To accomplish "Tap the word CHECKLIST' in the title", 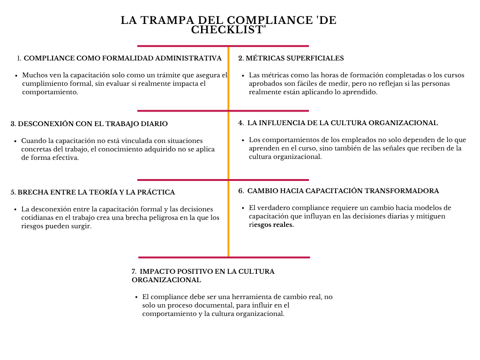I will point(229,30).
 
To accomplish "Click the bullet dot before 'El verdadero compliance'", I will point(243,208).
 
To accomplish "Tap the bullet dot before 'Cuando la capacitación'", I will point(16,141).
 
